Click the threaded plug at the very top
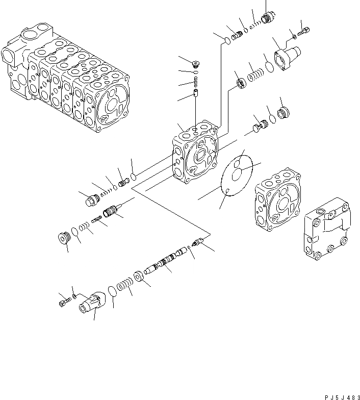pyautogui.click(x=266, y=17)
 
